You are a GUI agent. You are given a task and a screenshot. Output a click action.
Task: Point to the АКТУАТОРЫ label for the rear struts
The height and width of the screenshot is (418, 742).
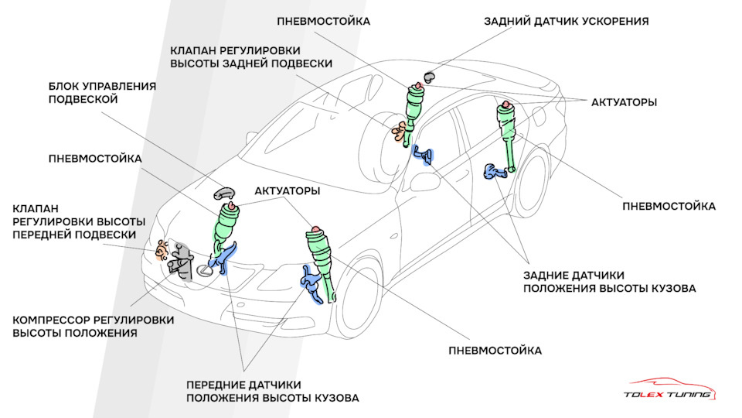624,102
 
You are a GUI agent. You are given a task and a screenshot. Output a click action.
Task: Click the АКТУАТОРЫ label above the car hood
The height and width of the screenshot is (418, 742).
287,190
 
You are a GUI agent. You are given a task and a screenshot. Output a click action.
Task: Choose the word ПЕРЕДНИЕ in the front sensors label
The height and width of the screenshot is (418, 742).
221,385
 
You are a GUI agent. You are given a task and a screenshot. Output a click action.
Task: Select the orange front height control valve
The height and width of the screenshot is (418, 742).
161,250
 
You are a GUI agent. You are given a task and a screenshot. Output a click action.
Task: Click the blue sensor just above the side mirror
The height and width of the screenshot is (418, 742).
424,154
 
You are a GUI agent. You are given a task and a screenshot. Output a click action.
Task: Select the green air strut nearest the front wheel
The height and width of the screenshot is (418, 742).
322,259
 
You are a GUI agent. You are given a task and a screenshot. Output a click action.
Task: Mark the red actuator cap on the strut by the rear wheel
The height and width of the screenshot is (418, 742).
505,104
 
